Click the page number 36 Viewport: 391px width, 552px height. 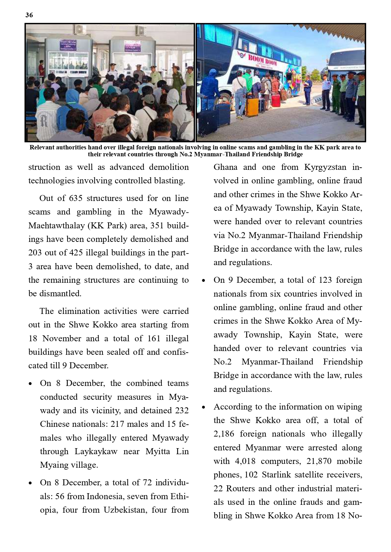pos(29,15)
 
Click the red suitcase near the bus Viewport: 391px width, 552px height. pos(276,100)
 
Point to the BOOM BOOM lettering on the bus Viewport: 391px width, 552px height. pos(262,60)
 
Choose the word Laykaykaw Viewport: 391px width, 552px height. pos(96,451)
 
